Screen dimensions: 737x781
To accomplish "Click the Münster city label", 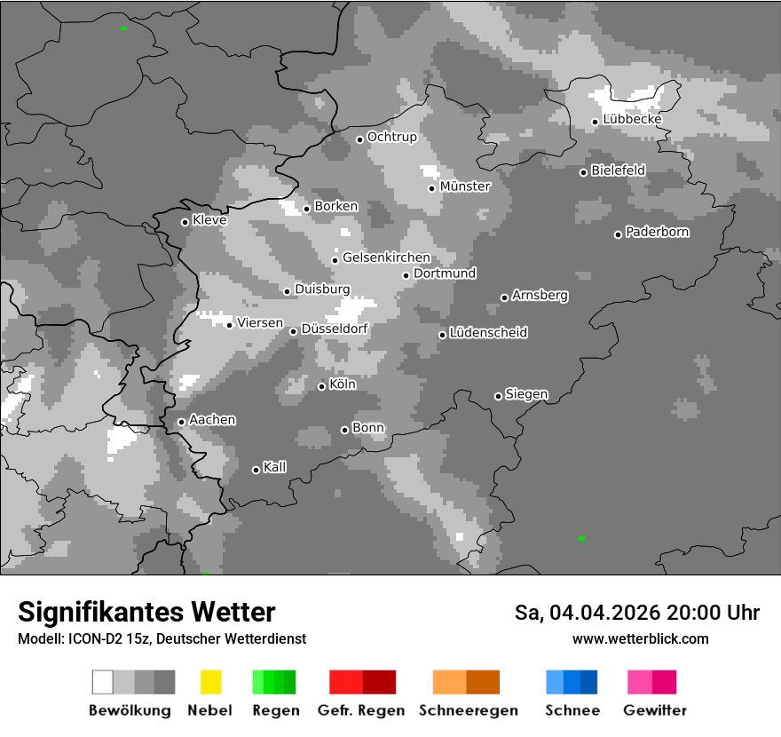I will pos(465,186).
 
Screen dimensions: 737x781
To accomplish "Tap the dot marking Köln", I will pos(321,386).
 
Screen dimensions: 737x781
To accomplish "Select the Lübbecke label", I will pos(632,120).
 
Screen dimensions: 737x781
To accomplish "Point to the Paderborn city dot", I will pos(618,234).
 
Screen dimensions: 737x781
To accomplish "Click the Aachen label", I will pos(212,420).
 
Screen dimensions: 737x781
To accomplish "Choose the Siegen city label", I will pos(526,394).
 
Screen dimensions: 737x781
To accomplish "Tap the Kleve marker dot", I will pos(185,222).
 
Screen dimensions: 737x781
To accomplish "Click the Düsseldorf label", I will pos(335,329).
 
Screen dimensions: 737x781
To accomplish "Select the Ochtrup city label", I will pos(391,138).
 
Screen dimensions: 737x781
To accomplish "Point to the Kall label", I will pos(275,467).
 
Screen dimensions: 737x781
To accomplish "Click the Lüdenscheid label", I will pos(488,333).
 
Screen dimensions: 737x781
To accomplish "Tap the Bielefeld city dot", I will pos(583,172).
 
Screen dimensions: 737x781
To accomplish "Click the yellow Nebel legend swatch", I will pos(210,682).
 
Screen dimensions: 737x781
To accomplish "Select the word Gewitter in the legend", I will pos(655,710).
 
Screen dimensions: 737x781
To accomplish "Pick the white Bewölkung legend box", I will pos(103,682).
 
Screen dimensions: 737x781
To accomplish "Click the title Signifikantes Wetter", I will pos(146,613).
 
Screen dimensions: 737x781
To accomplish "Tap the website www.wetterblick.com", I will pos(640,638).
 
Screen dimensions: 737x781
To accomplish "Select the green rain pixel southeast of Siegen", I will pos(581,538).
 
